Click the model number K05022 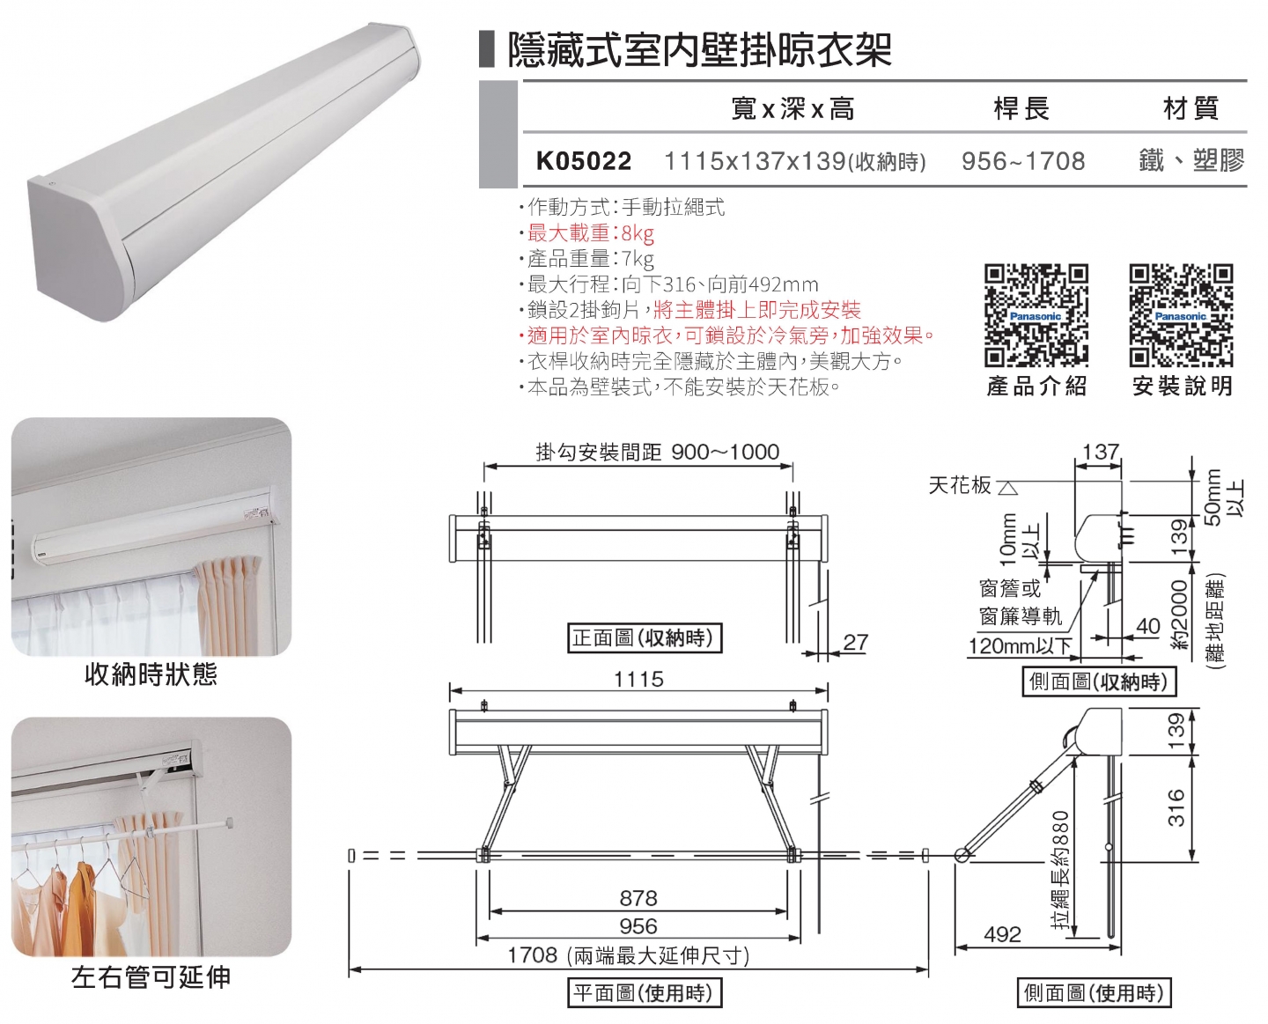point(584,161)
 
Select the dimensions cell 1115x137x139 point(794,161)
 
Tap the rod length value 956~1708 point(1023,161)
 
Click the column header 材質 point(1191,109)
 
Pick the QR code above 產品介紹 point(1036,315)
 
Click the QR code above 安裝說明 point(1181,315)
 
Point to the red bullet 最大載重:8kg point(590,233)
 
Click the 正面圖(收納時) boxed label point(644,638)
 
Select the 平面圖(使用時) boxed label point(643,993)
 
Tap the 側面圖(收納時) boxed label point(1098,681)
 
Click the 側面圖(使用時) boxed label point(1094,993)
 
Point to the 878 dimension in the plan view point(638,898)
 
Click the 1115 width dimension point(638,679)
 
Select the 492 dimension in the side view point(1002,934)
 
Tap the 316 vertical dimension point(1176,807)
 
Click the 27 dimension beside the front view point(855,642)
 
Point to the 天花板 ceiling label point(960,485)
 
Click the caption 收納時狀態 point(151,674)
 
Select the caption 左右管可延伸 point(151,976)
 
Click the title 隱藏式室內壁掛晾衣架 point(700,49)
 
